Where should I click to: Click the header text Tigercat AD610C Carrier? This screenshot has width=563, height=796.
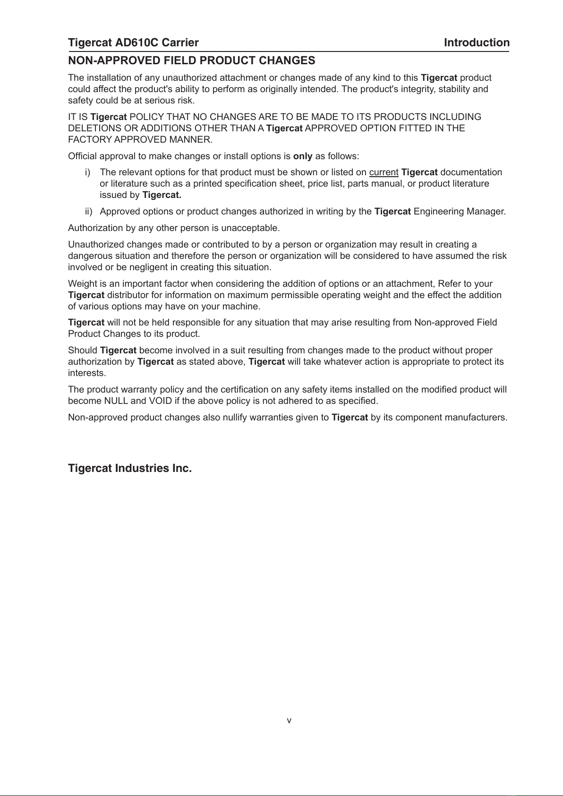[133, 43]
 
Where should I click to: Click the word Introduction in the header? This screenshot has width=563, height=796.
[477, 43]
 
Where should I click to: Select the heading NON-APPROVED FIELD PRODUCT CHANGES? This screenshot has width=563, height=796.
[192, 61]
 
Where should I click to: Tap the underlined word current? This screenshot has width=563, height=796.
[384, 172]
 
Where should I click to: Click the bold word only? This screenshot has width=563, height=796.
[303, 156]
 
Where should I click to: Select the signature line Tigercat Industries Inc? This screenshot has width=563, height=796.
[130, 469]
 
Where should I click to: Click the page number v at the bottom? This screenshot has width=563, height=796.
[289, 721]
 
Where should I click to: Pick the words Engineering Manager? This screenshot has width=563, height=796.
[459, 212]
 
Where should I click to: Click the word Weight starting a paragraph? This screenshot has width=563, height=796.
[81, 284]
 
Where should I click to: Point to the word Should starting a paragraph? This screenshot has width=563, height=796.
[83, 351]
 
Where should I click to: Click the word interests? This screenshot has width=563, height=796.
[87, 373]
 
